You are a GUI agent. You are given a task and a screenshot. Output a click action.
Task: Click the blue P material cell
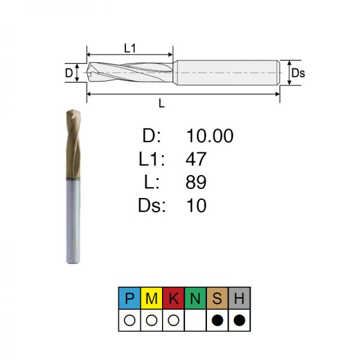130,298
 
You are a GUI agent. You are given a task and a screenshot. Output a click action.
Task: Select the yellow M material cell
152,298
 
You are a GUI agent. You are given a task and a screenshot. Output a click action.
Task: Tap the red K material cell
173,298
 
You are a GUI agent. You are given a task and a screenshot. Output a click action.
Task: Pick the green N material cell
196,298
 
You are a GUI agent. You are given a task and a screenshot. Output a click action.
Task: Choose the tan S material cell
217,298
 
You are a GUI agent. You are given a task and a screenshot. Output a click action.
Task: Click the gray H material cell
239,298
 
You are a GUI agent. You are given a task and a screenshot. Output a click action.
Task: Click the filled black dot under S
217,320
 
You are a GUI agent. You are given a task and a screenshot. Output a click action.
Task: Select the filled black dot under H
239,320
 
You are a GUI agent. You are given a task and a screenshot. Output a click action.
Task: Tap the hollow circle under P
130,320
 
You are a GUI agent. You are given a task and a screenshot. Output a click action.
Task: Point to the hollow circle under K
173,320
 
